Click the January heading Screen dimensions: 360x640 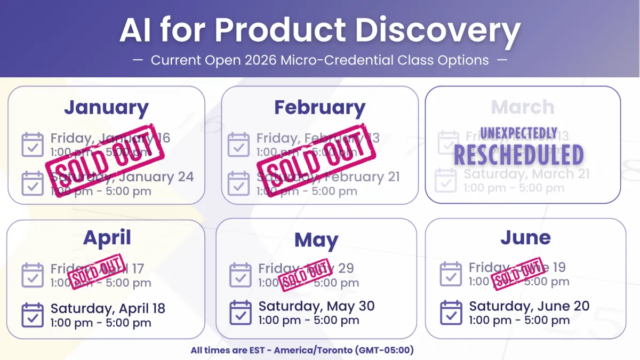(106, 108)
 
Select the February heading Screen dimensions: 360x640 (319, 108)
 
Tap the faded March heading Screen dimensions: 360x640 (523, 107)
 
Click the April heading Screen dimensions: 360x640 (107, 238)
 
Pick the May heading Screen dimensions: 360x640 (316, 241)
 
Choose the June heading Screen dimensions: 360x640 (525, 238)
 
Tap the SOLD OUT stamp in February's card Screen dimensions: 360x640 (317, 159)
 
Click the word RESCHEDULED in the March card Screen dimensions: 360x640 (518, 155)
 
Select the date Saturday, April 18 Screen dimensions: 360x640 (108, 308)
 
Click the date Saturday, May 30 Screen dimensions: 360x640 (316, 306)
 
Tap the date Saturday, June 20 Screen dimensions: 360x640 (529, 306)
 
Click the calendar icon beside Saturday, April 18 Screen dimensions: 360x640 (33, 315)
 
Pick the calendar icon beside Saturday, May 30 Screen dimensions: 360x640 (241, 313)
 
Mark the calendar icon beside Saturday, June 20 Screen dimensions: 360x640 (451, 313)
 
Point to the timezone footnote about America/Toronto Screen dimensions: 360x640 (302, 350)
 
